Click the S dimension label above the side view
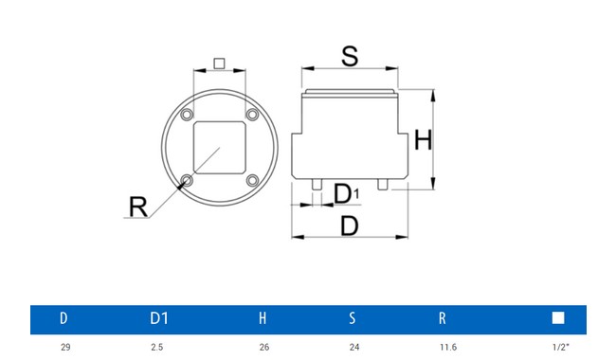pos(350,56)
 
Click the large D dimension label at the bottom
pos(350,225)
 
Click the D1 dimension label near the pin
pos(347,194)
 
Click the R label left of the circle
pos(138,206)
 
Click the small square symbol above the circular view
pos(219,63)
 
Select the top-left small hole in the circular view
pos(187,115)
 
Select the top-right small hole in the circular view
pos(252,115)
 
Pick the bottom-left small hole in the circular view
pos(187,180)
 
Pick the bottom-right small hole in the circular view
pos(252,180)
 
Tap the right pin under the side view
pos(382,183)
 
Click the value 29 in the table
pos(65,348)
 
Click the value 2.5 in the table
pos(157,348)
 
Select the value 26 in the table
pos(263,348)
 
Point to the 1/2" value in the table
pos(559,348)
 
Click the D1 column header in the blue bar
pos(159,319)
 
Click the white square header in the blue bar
pos(558,319)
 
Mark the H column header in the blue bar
pos(263,319)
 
